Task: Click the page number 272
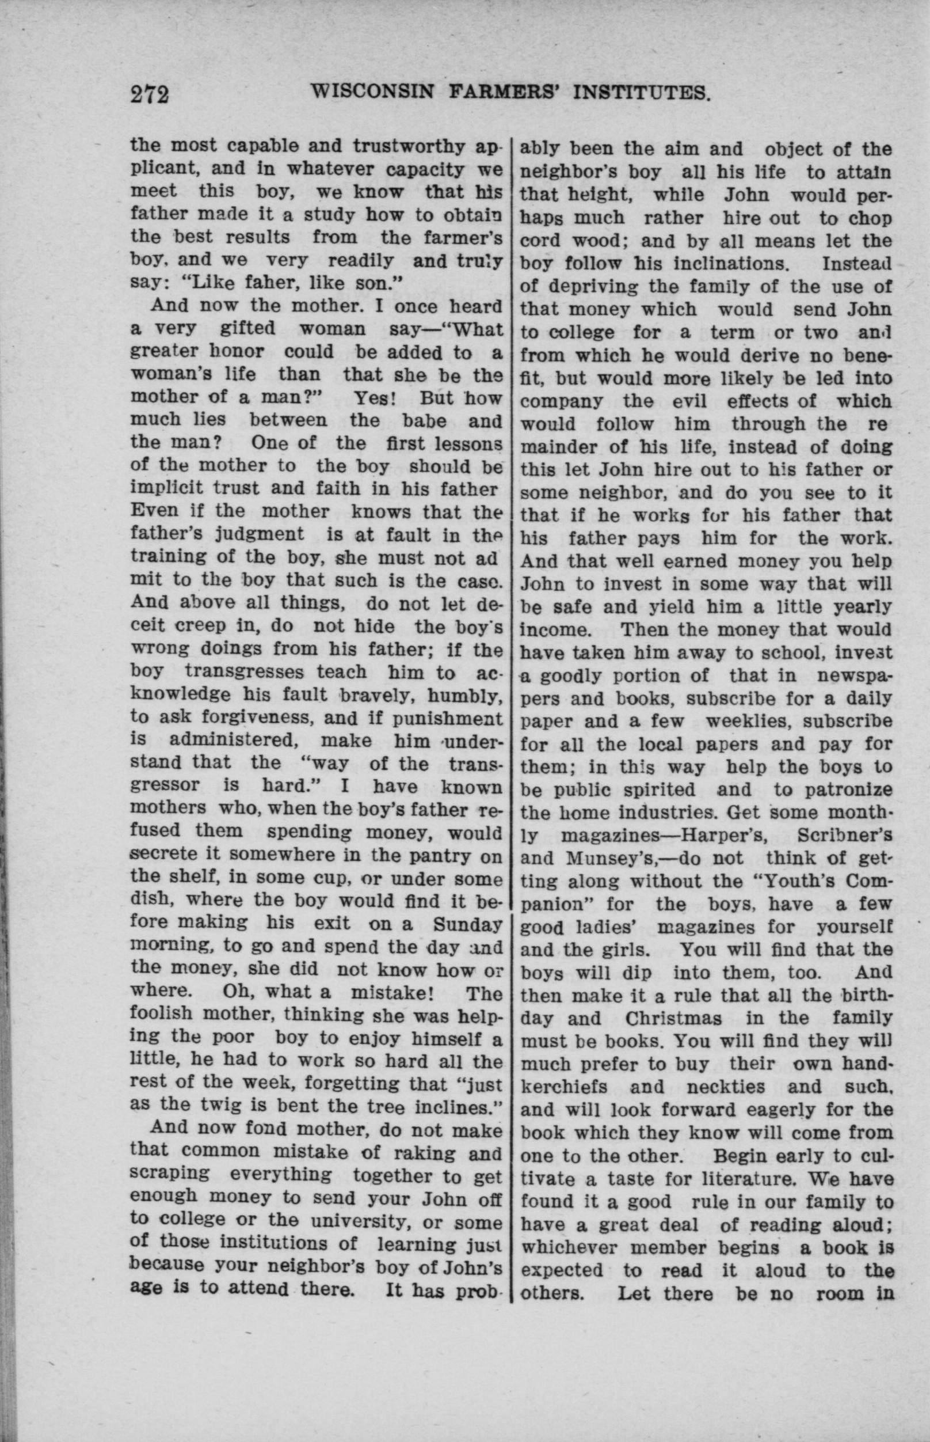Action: [149, 95]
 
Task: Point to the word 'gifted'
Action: [247, 329]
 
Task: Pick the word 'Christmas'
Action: [673, 1019]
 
